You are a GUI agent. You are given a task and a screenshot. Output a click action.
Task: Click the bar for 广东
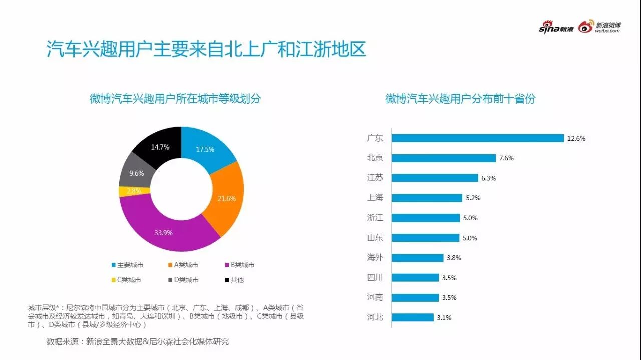click(477, 138)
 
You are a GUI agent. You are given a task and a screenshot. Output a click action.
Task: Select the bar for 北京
click(444, 158)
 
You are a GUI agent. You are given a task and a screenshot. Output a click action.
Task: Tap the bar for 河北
click(412, 317)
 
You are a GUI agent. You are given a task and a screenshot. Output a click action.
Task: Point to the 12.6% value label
click(576, 138)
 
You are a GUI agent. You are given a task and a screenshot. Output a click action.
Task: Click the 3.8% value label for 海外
click(453, 258)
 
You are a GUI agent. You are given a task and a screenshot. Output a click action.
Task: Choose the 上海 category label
click(375, 198)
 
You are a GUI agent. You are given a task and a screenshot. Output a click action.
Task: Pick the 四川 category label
click(375, 278)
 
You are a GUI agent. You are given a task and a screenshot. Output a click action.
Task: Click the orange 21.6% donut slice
click(225, 199)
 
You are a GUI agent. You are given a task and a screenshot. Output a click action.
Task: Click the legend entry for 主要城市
click(127, 265)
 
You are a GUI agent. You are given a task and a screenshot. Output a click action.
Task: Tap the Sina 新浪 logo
click(555, 28)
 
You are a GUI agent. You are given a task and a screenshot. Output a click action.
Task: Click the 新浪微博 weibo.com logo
click(599, 27)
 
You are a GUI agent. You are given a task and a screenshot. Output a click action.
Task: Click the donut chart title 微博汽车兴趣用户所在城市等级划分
click(175, 99)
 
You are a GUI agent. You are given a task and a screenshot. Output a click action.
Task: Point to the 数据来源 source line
click(137, 342)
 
